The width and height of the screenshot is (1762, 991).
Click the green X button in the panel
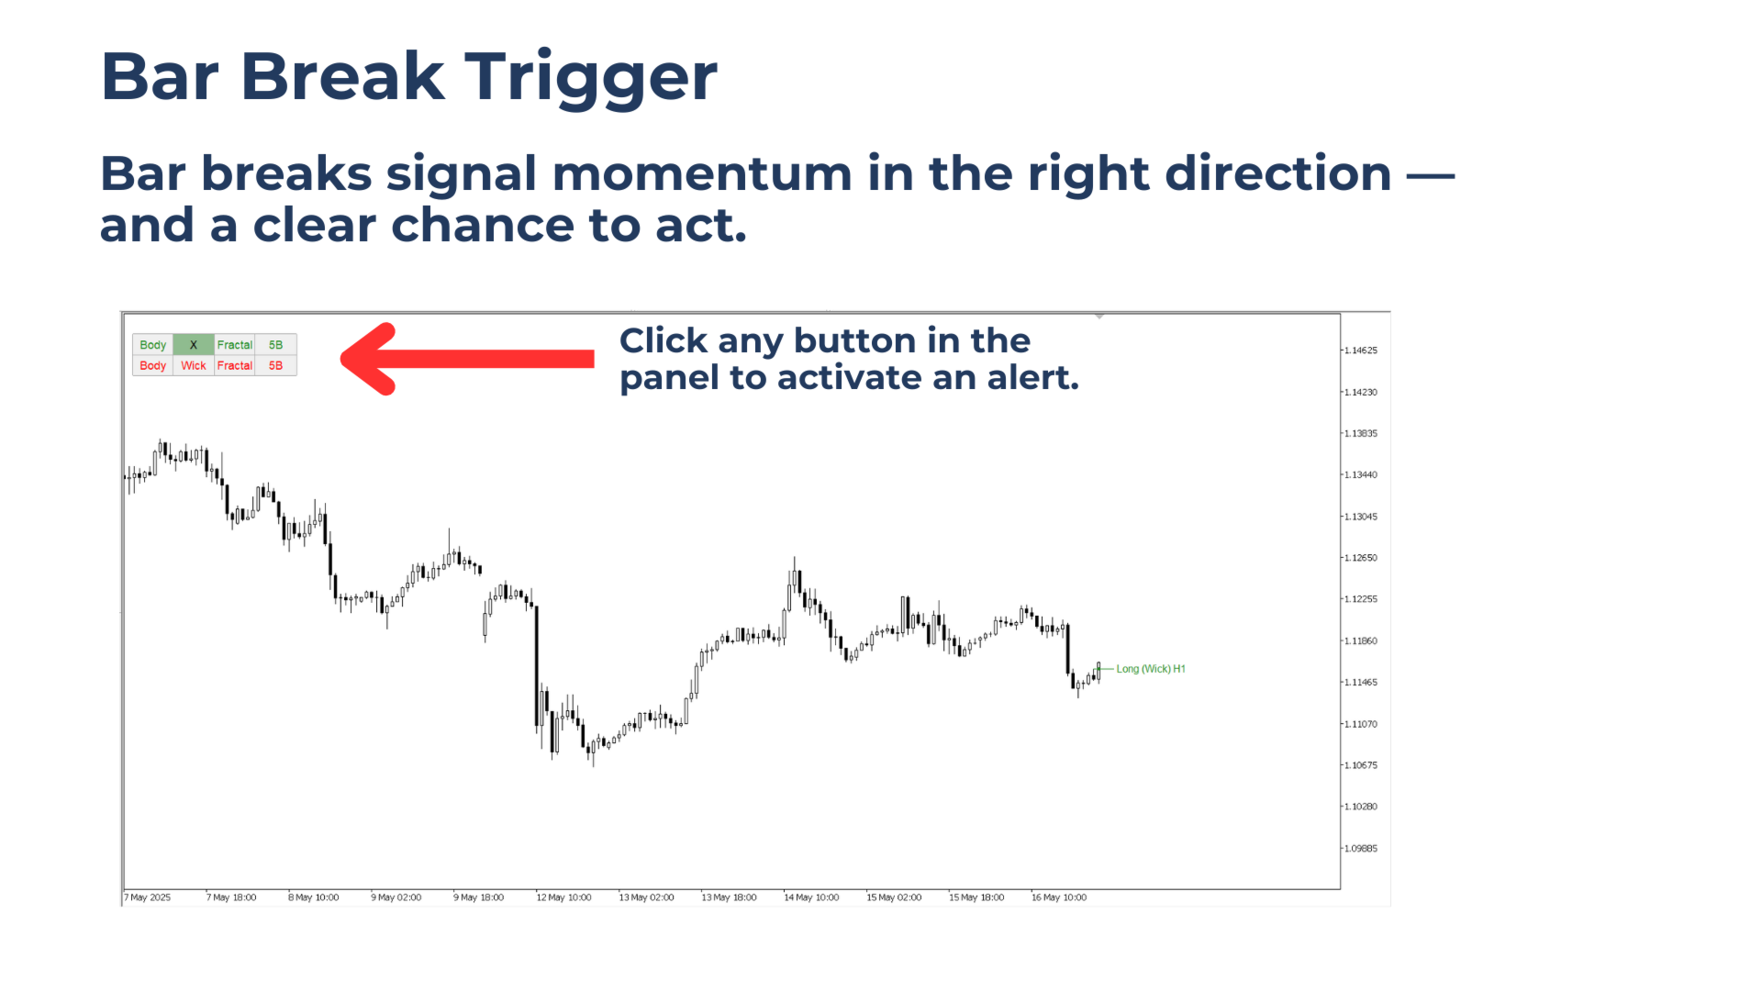[194, 345]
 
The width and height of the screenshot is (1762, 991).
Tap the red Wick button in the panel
[194, 365]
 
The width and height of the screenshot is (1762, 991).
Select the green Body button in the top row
[152, 345]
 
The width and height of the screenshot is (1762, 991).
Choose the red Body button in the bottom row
[152, 365]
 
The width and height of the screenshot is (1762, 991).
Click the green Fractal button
[235, 345]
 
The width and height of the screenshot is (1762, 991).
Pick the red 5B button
[275, 365]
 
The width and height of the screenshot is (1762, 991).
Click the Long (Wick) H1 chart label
[1150, 669]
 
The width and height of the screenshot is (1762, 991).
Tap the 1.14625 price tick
[1360, 351]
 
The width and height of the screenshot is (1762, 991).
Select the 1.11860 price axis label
[1360, 640]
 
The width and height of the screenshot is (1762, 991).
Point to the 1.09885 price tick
[1360, 848]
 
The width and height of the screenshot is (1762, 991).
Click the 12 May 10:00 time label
[564, 897]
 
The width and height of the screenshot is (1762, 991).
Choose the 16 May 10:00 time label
[1059, 897]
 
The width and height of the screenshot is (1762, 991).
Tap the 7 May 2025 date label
[149, 897]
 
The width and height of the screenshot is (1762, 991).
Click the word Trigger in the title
[591, 77]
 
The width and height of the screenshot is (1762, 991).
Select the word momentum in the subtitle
[702, 173]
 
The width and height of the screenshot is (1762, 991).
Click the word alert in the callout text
[1032, 377]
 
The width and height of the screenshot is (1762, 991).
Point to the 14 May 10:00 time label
[812, 897]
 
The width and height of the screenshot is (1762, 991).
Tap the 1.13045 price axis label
[1360, 517]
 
